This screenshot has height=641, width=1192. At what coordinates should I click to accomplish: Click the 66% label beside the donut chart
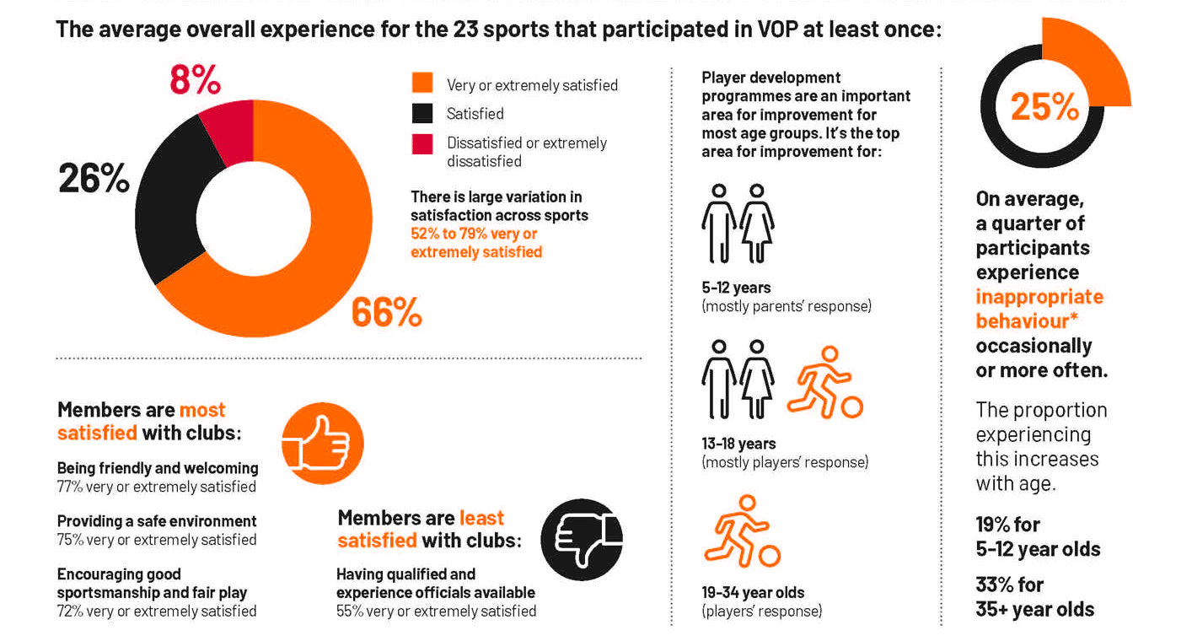[x=386, y=313]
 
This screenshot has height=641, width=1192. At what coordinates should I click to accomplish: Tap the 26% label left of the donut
[x=94, y=179]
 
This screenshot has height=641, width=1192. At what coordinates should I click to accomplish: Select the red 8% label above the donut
[x=195, y=80]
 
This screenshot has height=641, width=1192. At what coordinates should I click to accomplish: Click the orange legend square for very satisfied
[x=422, y=83]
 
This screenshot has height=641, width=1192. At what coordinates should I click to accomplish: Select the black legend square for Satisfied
[x=422, y=113]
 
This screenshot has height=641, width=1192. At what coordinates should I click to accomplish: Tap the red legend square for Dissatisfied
[x=422, y=143]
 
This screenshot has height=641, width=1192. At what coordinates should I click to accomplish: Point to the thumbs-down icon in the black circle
[x=581, y=540]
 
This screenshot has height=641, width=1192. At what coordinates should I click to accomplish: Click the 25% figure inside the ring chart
[x=1044, y=107]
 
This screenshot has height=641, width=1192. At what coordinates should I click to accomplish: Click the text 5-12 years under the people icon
[x=736, y=288]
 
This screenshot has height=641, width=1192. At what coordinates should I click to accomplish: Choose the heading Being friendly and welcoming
[x=158, y=467]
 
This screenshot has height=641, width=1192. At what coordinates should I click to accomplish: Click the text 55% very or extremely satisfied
[x=436, y=611]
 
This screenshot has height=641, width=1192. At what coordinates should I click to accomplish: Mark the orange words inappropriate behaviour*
[x=1039, y=309]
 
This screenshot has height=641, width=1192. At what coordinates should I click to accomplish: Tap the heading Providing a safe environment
[x=157, y=521]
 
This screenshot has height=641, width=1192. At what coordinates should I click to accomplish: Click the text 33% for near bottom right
[x=1009, y=584]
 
